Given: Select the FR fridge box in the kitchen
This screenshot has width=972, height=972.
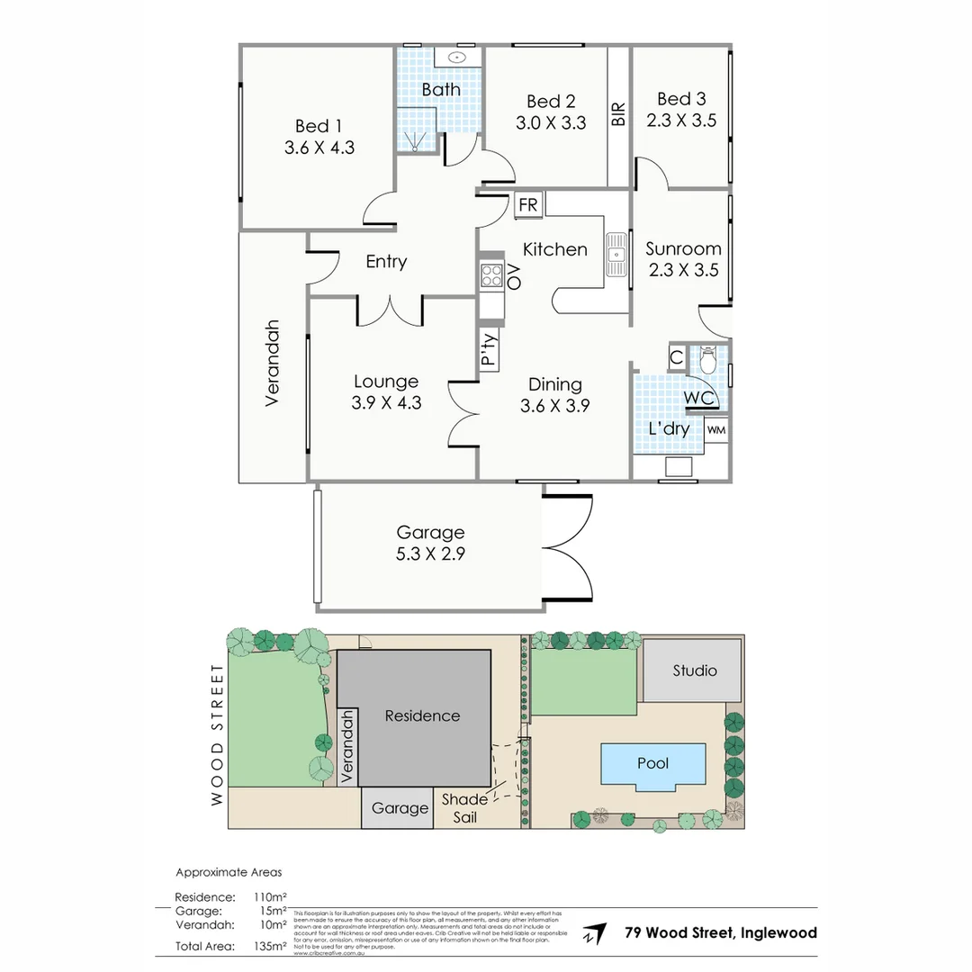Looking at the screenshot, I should tap(527, 205).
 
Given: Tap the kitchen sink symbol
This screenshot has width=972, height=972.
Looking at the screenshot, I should tap(616, 254).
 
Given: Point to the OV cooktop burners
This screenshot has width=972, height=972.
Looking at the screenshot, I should tap(491, 276).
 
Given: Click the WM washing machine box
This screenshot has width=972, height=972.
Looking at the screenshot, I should tap(716, 430).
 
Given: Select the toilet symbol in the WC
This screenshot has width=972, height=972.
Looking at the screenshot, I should tap(707, 361).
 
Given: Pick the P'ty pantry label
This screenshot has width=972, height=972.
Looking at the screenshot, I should tap(489, 349).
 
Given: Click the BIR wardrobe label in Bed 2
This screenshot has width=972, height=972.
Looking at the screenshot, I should tap(618, 114).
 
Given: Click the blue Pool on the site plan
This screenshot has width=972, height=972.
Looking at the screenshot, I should tap(652, 764).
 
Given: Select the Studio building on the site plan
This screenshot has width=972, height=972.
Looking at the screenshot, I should tap(695, 670).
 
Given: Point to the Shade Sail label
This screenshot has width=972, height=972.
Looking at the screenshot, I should tap(464, 808).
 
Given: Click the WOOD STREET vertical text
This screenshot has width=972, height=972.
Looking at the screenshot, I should tap(217, 734).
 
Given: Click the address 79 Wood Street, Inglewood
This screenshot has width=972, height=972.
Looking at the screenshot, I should tap(721, 932).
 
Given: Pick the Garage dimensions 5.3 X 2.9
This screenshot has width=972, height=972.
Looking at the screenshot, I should tap(430, 554).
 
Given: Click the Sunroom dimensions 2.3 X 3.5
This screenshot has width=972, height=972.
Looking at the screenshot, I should tap(683, 269).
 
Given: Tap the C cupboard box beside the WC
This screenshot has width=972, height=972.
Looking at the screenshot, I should tap(676, 358).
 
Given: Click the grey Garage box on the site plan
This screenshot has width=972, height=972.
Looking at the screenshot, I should tap(400, 808).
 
